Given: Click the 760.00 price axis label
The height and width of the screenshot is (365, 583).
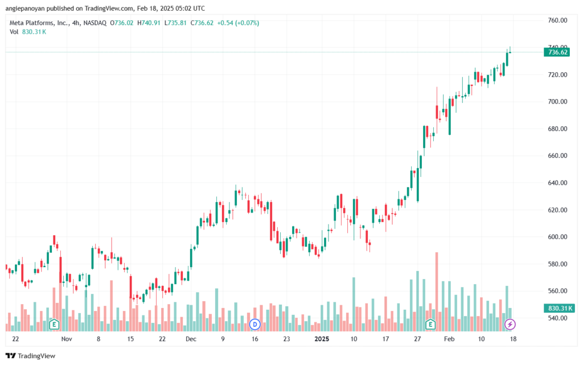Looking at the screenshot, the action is (x=557, y=20).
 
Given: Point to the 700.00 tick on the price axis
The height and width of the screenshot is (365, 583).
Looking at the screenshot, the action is (x=557, y=101).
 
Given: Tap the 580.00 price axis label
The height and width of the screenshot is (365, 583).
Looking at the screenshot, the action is (x=557, y=264).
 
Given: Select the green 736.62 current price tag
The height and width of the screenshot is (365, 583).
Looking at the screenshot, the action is (x=557, y=52).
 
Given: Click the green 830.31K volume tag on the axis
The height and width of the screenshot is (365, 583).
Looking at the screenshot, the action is (x=559, y=308).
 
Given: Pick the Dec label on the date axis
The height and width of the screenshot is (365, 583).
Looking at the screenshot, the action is (x=191, y=339).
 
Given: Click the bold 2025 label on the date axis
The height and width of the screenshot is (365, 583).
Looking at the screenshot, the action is (x=322, y=339).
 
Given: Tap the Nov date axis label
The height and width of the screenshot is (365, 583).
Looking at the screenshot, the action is (x=67, y=339).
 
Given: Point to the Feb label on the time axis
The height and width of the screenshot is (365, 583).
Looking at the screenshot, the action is (x=449, y=339).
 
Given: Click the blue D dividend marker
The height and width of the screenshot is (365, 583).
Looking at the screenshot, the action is (x=254, y=325).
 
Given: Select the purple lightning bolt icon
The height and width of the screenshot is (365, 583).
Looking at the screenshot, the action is (x=510, y=325).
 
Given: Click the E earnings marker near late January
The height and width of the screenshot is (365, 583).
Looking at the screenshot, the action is (x=430, y=325).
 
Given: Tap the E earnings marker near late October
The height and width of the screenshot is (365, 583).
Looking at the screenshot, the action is (x=54, y=325).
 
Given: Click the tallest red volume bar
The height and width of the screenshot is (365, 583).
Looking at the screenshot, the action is (x=437, y=292).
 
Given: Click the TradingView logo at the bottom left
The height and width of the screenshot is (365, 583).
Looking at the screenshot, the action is (x=31, y=356).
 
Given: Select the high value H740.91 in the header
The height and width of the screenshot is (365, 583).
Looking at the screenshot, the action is (x=149, y=23).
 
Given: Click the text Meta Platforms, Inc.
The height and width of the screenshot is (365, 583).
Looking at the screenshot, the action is (x=39, y=23).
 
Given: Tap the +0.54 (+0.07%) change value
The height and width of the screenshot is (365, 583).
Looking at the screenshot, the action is (x=238, y=23).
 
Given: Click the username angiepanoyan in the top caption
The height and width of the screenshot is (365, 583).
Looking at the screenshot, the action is (x=25, y=8).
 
